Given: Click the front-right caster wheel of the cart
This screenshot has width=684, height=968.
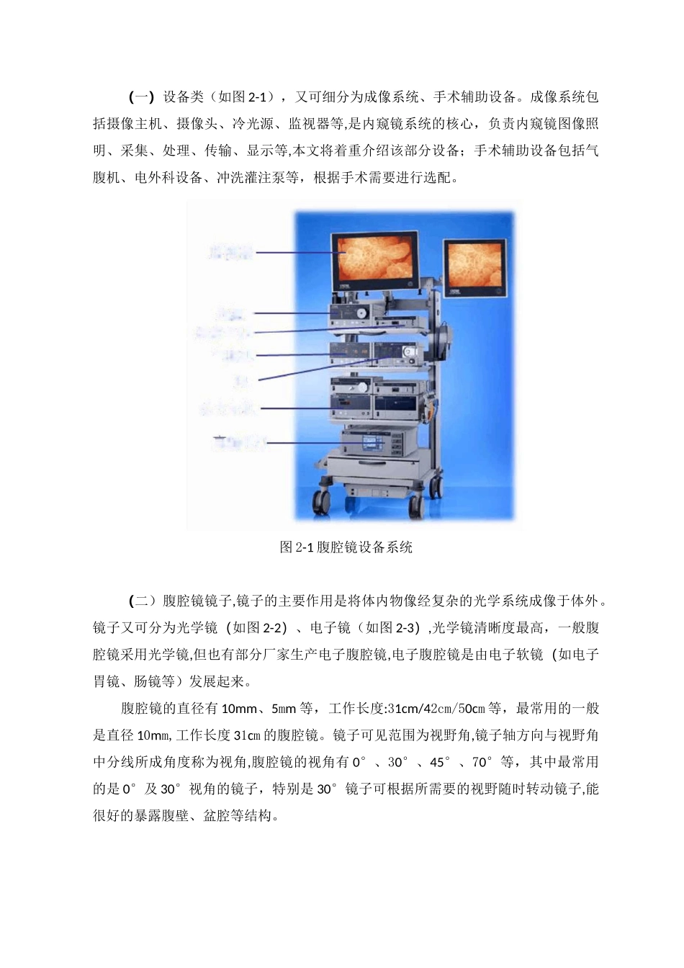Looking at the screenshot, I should pos(415,507).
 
